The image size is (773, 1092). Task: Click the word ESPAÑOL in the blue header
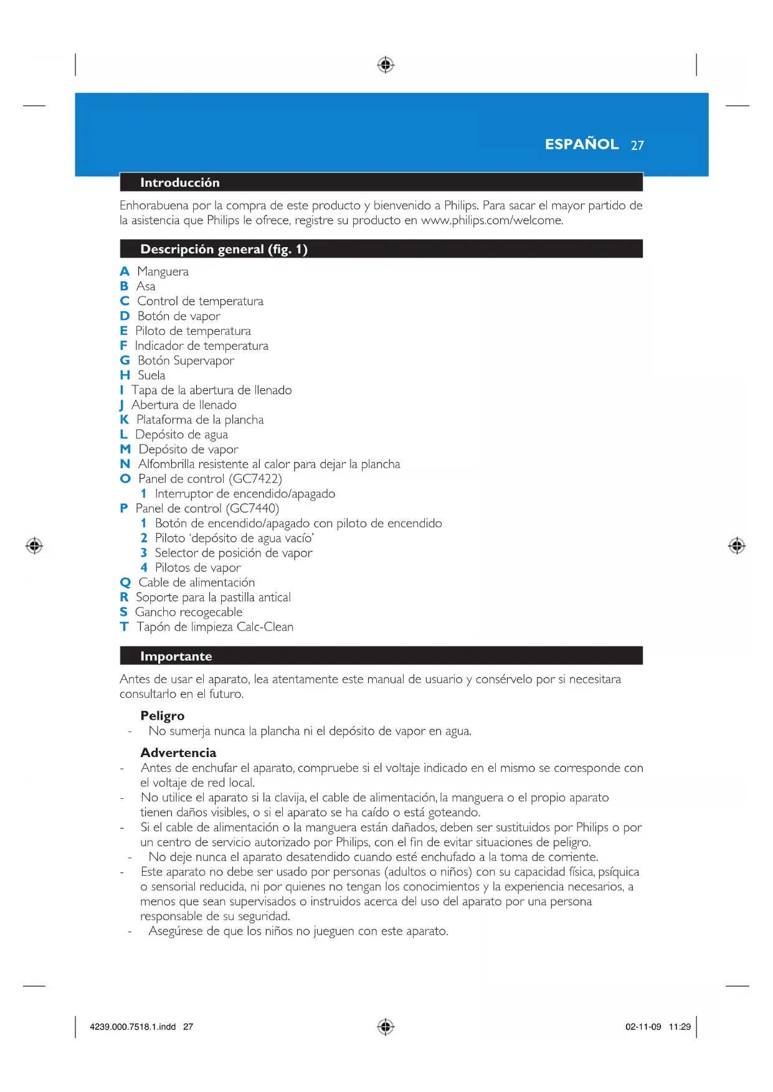click(581, 144)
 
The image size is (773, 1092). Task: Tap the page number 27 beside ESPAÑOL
click(637, 146)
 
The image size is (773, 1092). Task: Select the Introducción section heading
click(179, 182)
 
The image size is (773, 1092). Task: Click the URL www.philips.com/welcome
click(491, 220)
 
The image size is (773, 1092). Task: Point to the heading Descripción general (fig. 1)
click(224, 249)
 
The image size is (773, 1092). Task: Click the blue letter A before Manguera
click(125, 271)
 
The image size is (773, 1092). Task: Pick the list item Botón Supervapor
click(186, 360)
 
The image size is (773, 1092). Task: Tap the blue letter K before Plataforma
click(124, 420)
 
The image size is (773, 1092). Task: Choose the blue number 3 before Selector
click(144, 553)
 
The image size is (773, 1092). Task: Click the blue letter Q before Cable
click(125, 583)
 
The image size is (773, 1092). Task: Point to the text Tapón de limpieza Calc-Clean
click(215, 627)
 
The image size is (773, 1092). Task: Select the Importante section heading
click(176, 656)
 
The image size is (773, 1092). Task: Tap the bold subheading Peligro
click(163, 715)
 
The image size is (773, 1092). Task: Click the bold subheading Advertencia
click(178, 753)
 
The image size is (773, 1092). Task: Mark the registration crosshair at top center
click(386, 65)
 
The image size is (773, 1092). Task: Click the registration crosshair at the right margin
click(737, 546)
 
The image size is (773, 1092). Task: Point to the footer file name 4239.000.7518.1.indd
click(133, 1027)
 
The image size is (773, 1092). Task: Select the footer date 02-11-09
click(643, 1027)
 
